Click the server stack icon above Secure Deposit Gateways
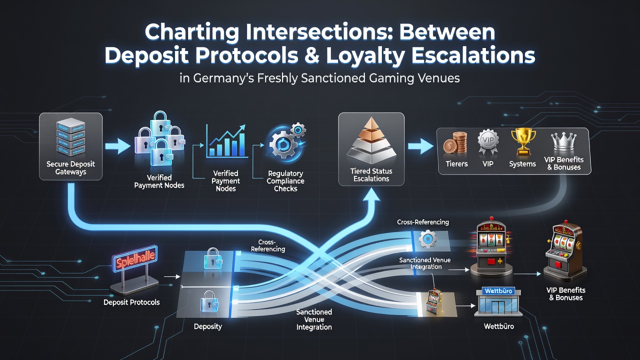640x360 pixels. point(70,137)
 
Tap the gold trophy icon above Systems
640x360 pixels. point(523,142)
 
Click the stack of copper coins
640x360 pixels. point(455,143)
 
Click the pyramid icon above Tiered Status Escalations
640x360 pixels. point(371,140)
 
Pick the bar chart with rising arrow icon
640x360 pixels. point(226,141)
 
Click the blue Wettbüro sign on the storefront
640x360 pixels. point(498,291)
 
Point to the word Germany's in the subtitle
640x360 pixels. point(223,78)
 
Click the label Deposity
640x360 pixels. point(207,326)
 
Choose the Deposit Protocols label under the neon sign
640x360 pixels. point(131,302)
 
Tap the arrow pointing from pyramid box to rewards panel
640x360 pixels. point(420,146)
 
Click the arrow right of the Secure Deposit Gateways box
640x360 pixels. point(117,146)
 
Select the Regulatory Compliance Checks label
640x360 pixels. point(285,181)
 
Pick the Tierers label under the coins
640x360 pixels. point(456,163)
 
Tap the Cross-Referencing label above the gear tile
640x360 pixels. point(423,222)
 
